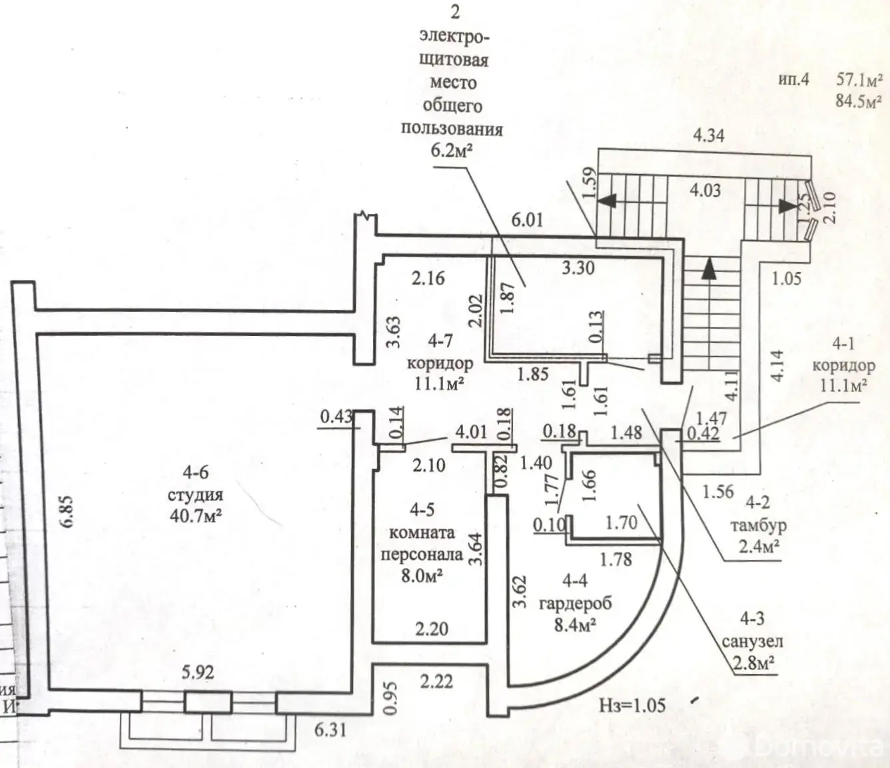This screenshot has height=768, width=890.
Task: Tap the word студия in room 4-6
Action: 195,495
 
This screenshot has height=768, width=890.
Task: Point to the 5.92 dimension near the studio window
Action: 198,672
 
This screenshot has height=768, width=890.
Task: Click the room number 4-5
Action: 422,510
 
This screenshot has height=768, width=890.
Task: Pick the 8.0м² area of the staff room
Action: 422,575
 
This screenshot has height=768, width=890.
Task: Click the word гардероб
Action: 575,603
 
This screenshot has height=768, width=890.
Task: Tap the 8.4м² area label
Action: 575,625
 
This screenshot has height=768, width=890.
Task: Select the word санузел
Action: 753,641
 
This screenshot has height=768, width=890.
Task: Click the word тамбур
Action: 758,525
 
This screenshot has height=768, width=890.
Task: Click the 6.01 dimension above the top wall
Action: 527,219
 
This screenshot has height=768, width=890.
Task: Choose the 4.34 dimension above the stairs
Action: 708,135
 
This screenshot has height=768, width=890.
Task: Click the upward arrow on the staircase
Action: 711,269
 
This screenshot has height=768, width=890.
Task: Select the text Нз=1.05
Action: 632,705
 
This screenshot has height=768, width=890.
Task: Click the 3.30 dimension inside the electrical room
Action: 578,268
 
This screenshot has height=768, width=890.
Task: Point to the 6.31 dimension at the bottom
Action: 330,729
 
